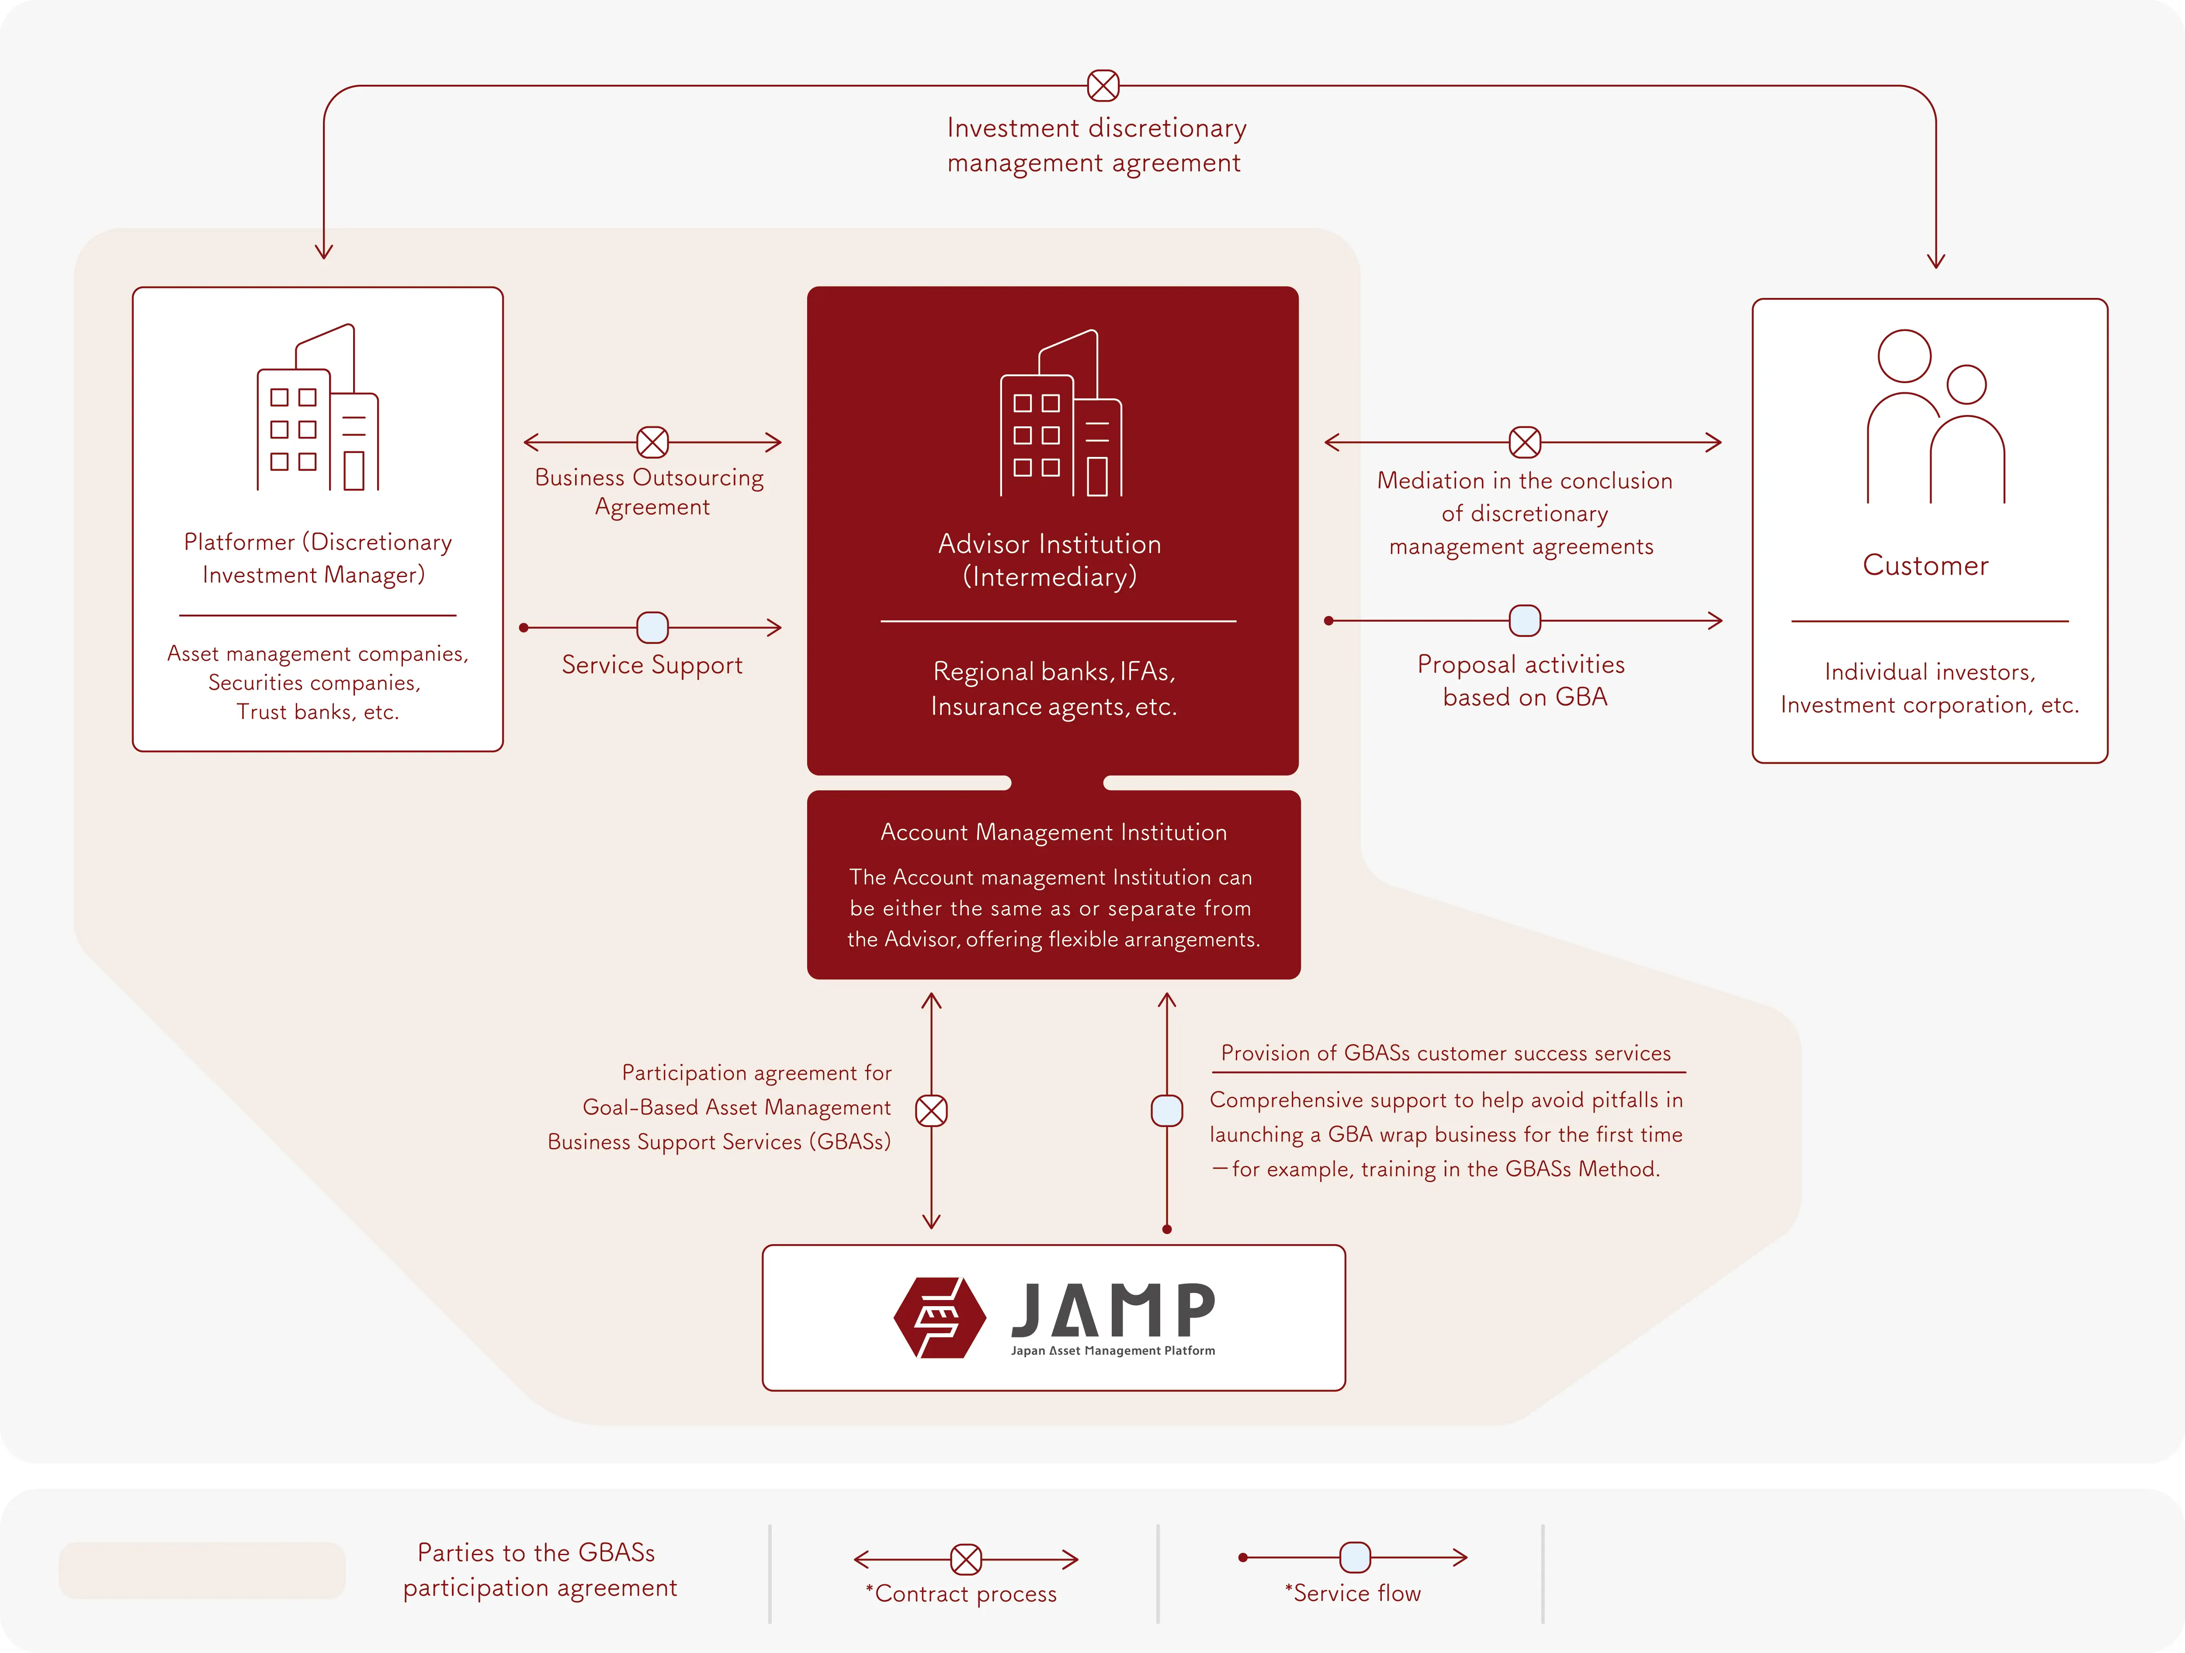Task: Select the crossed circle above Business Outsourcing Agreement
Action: pos(652,443)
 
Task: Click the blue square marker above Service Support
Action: pos(652,627)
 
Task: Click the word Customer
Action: pos(1925,566)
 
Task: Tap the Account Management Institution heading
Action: pos(1053,833)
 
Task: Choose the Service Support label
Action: pos(652,666)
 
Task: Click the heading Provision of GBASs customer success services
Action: pos(1445,1054)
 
